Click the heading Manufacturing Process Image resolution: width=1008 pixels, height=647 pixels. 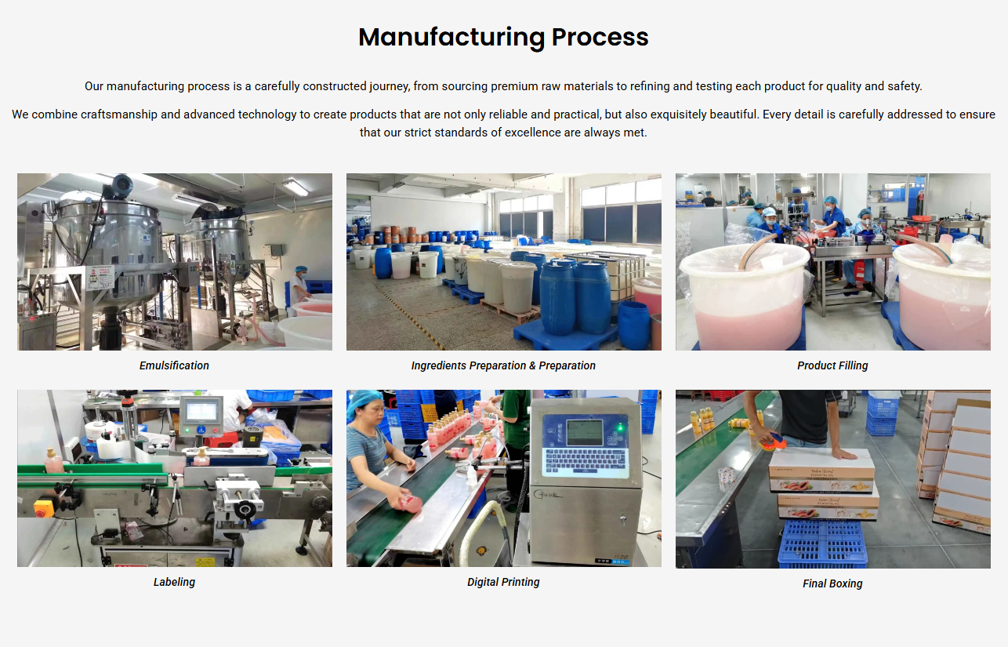click(x=503, y=37)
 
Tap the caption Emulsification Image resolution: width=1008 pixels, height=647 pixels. click(x=174, y=365)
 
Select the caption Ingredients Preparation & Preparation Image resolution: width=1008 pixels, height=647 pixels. click(x=503, y=365)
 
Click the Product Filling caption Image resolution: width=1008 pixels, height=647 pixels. click(x=832, y=365)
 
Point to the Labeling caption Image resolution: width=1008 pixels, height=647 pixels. click(x=174, y=582)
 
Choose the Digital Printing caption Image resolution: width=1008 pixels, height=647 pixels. click(x=503, y=582)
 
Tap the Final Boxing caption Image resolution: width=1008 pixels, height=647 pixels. click(x=832, y=583)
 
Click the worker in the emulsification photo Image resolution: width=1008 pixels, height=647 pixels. click(x=300, y=284)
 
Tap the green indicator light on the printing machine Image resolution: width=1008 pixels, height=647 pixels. click(x=620, y=427)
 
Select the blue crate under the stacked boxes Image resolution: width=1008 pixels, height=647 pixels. click(x=822, y=543)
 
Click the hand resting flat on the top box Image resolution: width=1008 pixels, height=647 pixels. click(x=843, y=453)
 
